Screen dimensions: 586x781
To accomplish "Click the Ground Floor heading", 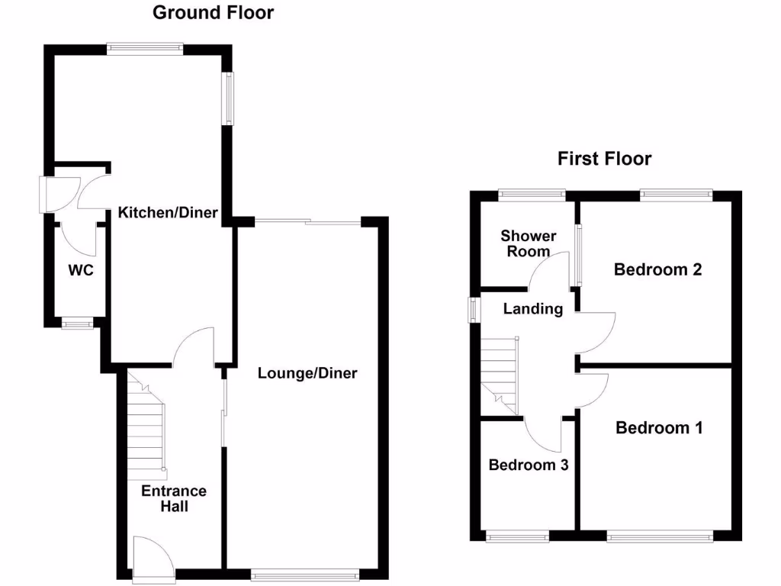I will coord(214,12).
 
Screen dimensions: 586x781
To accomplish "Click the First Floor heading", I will coord(604,159).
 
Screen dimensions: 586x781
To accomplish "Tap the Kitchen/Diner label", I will coord(168,213).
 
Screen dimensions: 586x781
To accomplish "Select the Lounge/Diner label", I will coord(307,373).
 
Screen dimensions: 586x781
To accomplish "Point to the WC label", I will coord(80,270).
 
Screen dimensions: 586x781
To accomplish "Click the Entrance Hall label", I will coord(173,498).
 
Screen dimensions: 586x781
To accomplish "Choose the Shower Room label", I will coord(529,243).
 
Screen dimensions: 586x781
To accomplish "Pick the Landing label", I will coord(533,309).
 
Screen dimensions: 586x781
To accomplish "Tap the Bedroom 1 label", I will coord(659,428).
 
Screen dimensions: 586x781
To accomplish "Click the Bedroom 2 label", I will coord(657,269).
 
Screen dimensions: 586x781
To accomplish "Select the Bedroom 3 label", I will coord(529,465).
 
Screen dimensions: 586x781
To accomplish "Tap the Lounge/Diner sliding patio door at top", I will coord(307,222).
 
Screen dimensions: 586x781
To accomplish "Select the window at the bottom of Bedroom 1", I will coord(660,537).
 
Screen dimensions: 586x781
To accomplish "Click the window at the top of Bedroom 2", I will coord(676,195).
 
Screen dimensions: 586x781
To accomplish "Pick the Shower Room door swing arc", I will coord(549,271).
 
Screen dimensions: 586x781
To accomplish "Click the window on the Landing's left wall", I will coord(474,309).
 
